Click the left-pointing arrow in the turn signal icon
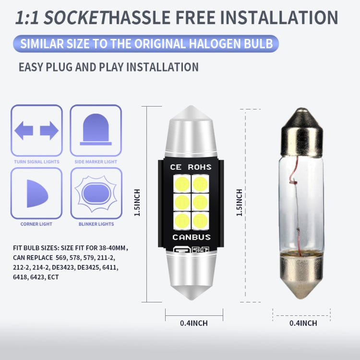[x=24, y=131]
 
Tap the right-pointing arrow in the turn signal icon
[x=49, y=131]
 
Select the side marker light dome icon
[x=96, y=130]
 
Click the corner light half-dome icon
[x=37, y=193]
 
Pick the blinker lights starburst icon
[x=96, y=193]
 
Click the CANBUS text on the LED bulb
[x=192, y=237]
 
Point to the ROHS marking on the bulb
[x=200, y=167]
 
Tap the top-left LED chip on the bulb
[x=182, y=184]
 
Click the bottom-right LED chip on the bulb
[x=201, y=221]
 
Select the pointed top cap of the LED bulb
[x=191, y=132]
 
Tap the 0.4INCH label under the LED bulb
[x=194, y=323]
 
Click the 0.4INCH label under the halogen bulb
[x=303, y=323]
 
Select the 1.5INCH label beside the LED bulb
[x=137, y=203]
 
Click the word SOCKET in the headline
[x=76, y=18]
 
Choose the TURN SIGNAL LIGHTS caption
[x=37, y=162]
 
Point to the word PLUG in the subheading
[x=59, y=67]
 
